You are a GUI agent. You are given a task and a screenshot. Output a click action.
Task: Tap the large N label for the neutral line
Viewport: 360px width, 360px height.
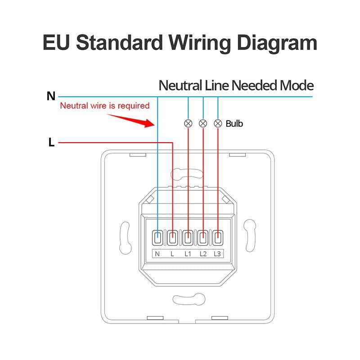tap(51, 96)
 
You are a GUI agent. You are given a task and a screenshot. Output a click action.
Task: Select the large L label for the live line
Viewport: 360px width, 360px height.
tap(51, 143)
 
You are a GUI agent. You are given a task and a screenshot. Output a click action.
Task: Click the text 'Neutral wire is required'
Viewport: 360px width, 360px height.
tap(104, 106)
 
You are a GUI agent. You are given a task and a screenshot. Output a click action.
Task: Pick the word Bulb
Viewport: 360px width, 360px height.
tap(234, 123)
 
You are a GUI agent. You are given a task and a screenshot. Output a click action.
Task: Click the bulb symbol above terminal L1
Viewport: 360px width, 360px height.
tap(188, 123)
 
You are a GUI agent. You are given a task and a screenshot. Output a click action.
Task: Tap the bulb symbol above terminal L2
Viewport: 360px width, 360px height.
tap(203, 123)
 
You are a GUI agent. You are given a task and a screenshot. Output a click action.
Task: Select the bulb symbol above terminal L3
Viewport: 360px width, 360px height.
tap(218, 123)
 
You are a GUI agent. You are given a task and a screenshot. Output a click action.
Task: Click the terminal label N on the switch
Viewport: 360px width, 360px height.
tap(157, 254)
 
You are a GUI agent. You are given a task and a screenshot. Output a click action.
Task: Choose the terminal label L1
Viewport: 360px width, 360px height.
tap(188, 254)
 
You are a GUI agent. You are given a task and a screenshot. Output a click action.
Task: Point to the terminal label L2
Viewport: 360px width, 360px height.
tap(203, 254)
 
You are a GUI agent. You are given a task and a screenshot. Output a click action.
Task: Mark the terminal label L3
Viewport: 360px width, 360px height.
tap(218, 254)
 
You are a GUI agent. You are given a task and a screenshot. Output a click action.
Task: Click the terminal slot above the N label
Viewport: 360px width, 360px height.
tap(158, 237)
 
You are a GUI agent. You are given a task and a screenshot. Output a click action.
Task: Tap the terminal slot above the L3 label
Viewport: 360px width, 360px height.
tap(218, 237)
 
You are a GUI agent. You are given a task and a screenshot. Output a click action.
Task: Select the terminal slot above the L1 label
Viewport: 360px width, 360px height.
tap(188, 237)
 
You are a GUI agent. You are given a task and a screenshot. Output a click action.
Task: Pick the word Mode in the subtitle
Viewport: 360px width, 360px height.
tap(297, 85)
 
